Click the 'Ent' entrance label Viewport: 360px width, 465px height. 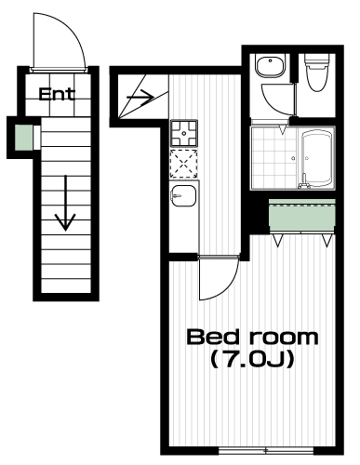coord(57,94)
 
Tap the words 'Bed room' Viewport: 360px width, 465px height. coord(252,338)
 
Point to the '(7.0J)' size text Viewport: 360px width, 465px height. coord(252,360)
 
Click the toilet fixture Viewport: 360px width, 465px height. coord(316,73)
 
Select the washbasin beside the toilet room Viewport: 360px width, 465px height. coord(271,66)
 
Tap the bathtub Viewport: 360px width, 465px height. coord(317,158)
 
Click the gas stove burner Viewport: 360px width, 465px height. coord(184,133)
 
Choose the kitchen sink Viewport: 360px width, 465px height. coord(183,195)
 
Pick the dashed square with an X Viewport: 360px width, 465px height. coord(184,164)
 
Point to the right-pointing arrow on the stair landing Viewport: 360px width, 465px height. coord(140,97)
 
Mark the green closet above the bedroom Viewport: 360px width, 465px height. coord(301,215)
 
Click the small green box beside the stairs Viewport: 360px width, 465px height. coord(24,137)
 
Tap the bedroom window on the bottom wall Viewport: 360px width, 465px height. coord(266,450)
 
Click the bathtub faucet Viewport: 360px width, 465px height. coord(304,182)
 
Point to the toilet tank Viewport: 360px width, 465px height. coord(316,60)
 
